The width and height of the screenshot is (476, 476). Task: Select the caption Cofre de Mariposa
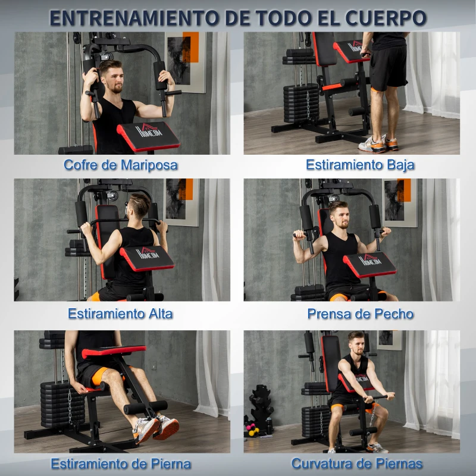click(x=121, y=165)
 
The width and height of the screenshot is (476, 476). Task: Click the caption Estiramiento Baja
click(x=360, y=165)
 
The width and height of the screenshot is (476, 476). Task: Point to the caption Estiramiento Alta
click(x=120, y=313)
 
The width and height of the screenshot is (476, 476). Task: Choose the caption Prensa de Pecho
click(x=360, y=313)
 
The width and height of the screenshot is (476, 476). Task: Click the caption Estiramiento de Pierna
click(x=121, y=463)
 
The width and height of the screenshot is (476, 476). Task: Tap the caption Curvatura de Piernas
click(x=357, y=463)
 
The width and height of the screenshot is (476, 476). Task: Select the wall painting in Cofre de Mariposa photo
click(x=184, y=59)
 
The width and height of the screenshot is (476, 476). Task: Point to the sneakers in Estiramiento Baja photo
click(x=381, y=144)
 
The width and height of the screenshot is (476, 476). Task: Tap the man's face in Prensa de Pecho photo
click(x=339, y=215)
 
